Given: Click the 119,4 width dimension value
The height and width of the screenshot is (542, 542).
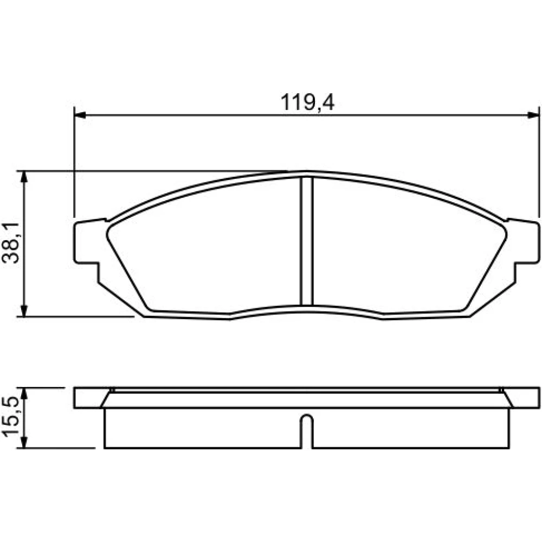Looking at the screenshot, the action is point(307,102).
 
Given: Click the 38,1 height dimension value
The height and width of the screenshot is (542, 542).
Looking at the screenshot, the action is point(11,243).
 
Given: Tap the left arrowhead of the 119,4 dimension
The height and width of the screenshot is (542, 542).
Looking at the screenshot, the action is point(80,115).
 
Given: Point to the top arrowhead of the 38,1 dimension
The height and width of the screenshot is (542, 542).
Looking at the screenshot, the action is point(24,177).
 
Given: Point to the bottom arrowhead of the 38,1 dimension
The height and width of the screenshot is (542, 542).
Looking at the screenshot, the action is point(24,310).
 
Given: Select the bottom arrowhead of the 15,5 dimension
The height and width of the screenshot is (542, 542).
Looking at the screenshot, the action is point(24,442).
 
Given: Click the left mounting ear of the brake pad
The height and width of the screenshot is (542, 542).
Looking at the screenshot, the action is point(86,242).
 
